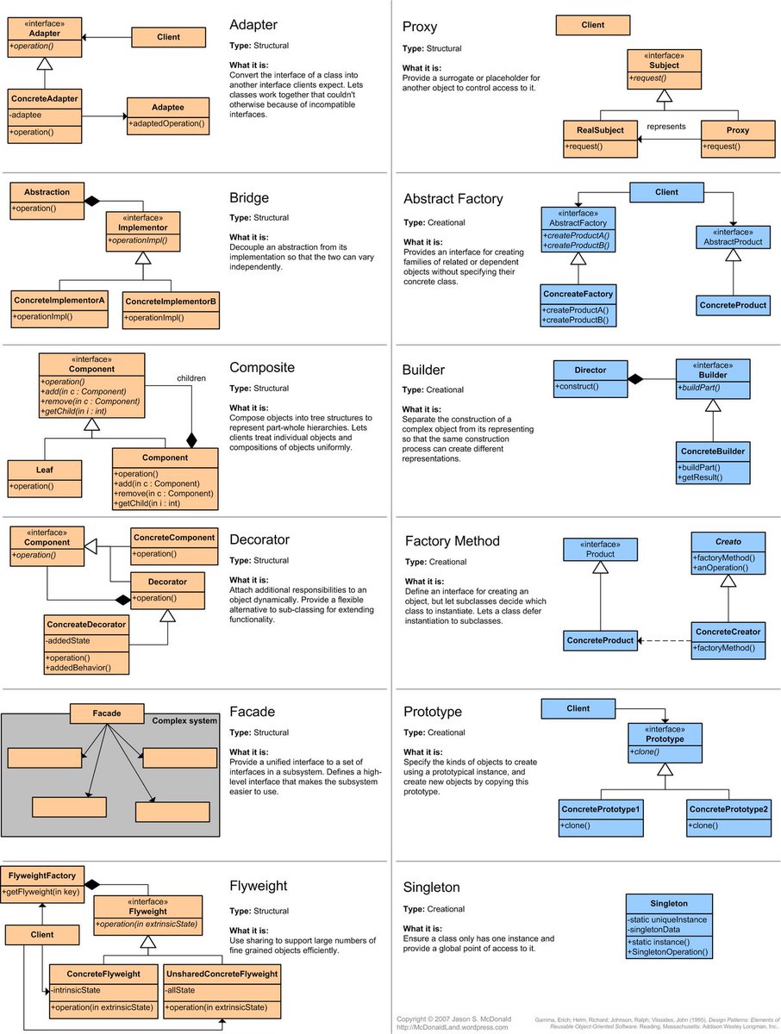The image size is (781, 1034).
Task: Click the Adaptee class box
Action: click(x=168, y=115)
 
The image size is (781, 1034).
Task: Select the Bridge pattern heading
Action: click(x=249, y=198)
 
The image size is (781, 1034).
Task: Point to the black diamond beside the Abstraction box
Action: click(x=92, y=201)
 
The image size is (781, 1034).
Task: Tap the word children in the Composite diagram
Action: click(x=191, y=377)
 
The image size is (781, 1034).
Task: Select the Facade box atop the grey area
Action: click(x=107, y=713)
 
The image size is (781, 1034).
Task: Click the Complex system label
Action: click(x=184, y=720)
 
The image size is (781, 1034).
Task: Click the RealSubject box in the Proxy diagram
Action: click(x=601, y=138)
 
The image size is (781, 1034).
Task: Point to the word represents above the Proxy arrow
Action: click(x=665, y=126)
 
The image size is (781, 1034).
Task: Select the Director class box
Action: click(x=590, y=378)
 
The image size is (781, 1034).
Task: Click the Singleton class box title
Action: click(x=669, y=904)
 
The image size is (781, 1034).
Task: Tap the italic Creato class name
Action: click(x=728, y=541)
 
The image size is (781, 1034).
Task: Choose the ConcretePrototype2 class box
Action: click(x=728, y=819)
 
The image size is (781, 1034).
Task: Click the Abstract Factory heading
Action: click(x=453, y=199)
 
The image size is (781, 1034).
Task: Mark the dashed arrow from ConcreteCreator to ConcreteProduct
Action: click(x=664, y=640)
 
